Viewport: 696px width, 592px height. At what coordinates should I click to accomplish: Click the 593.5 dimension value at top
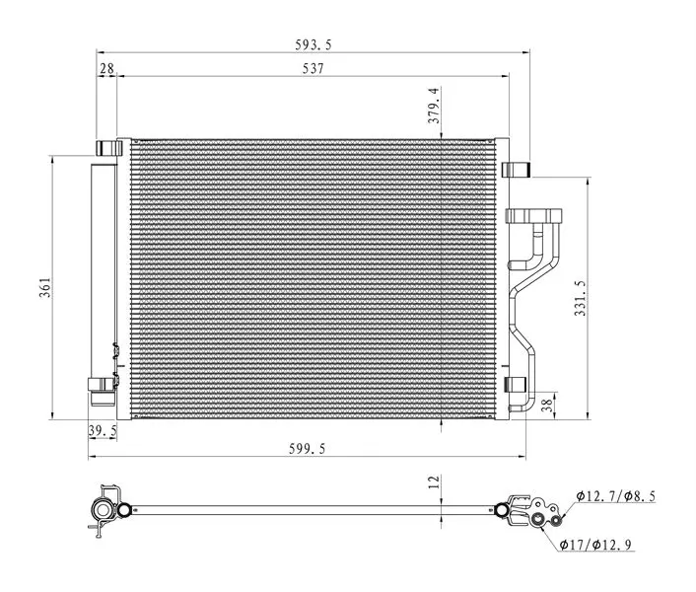click(313, 44)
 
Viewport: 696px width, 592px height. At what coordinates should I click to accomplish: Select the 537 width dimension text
click(313, 69)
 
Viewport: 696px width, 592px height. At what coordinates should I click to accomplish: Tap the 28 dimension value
click(106, 68)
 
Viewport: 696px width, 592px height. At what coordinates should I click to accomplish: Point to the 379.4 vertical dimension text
click(434, 106)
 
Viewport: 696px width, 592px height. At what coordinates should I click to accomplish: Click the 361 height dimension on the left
click(45, 287)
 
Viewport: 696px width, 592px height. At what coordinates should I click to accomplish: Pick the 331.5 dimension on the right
click(580, 298)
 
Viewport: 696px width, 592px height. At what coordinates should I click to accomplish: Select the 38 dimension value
click(548, 405)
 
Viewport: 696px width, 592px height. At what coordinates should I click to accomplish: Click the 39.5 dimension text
click(103, 430)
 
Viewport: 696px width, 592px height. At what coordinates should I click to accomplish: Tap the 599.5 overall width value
click(308, 449)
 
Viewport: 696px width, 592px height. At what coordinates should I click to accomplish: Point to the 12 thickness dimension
click(434, 481)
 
